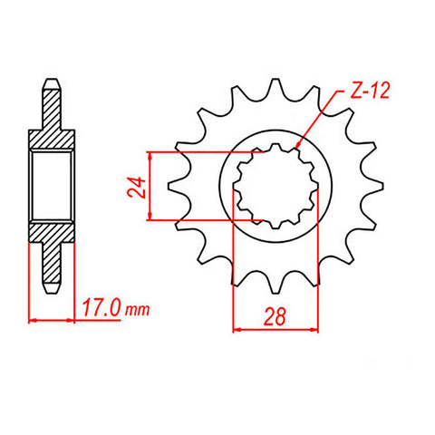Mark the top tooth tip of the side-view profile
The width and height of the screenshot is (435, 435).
click(x=52, y=86)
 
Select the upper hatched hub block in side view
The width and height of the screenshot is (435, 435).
click(x=52, y=136)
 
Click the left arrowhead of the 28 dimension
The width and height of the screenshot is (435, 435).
click(x=238, y=328)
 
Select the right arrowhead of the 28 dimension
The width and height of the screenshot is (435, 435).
click(x=317, y=328)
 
